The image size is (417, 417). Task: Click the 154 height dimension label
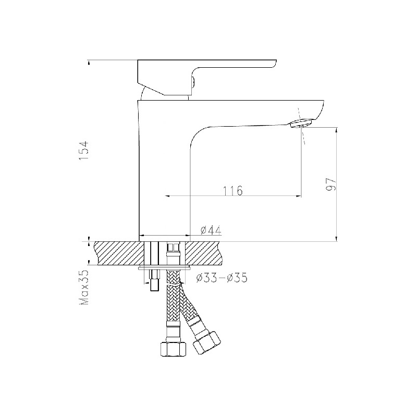tap(83, 151)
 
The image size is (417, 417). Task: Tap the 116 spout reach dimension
tap(232, 190)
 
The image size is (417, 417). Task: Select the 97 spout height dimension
tap(332, 185)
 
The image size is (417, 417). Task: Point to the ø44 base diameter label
tap(211, 230)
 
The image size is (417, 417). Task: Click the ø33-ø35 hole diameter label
tap(222, 278)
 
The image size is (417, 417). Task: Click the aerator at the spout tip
tap(301, 124)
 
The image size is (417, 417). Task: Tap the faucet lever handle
tap(207, 77)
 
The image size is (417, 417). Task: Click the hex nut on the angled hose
tap(206, 342)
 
